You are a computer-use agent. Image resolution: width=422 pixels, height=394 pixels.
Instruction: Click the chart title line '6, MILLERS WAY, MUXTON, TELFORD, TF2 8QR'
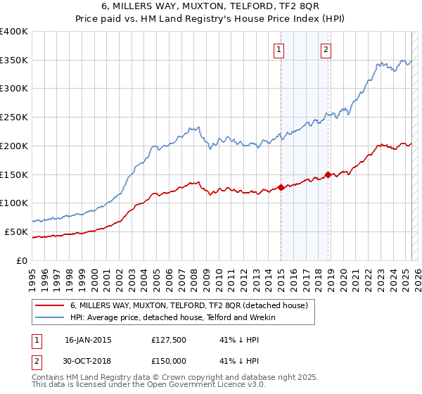210,7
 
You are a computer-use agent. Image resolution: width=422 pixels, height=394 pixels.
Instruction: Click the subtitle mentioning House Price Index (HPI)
210,19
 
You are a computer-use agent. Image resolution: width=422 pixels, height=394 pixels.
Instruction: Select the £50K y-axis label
16,231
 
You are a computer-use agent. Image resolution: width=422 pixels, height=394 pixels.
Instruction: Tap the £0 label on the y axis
23,260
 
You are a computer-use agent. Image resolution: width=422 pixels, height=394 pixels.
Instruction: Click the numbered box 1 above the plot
280,49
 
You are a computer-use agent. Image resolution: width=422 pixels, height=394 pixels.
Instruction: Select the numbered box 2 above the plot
326,49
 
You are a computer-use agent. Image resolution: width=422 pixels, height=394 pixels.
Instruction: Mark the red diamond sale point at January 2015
281,187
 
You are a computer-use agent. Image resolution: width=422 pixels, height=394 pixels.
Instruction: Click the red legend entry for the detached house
188,305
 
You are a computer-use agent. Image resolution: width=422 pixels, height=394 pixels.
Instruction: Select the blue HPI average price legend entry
173,318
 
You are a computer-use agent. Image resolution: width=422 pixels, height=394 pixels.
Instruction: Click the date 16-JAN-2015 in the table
88,340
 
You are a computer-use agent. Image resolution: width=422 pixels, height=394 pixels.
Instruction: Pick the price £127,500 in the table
170,340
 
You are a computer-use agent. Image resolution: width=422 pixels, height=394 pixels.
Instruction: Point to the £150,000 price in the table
170,360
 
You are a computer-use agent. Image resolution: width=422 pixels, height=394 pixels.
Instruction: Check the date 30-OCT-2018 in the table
89,360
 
